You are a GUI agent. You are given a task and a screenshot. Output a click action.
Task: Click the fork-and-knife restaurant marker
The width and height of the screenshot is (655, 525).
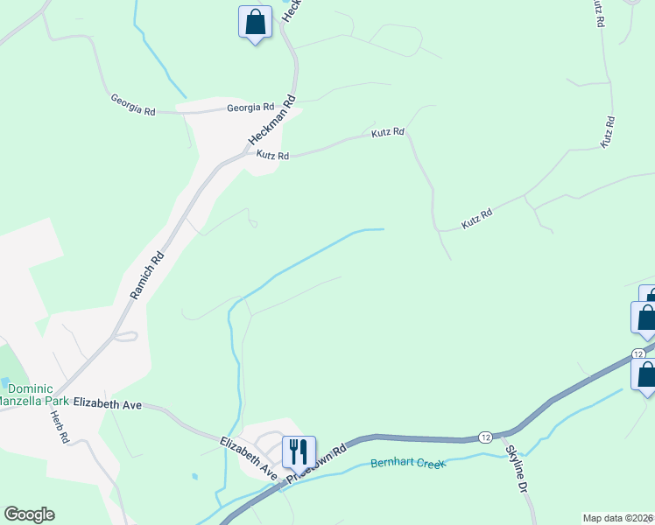click(x=299, y=452)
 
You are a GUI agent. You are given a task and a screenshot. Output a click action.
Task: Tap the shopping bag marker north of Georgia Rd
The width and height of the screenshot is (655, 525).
click(x=255, y=23)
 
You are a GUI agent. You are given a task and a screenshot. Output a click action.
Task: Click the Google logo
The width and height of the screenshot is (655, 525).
click(x=29, y=514)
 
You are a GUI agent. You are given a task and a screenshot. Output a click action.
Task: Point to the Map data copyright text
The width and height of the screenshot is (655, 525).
click(x=618, y=518)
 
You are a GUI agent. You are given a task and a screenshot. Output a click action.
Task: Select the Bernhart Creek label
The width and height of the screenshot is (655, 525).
click(x=408, y=462)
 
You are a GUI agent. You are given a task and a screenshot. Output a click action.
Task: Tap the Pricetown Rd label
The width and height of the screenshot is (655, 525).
click(x=320, y=461)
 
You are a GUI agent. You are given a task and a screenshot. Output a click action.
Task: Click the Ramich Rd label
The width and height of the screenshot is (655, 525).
click(x=147, y=276)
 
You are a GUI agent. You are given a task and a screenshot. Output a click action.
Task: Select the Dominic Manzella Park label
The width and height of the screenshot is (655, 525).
click(x=39, y=395)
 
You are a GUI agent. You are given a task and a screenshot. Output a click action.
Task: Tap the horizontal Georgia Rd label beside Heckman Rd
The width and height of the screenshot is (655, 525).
click(x=244, y=108)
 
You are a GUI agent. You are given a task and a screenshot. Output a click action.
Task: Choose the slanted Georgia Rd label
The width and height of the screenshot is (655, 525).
click(x=133, y=106)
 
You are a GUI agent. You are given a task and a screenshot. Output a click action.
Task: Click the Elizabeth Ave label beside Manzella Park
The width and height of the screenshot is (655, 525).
click(x=108, y=403)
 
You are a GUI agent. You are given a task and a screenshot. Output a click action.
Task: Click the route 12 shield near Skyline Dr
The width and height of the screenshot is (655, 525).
click(x=484, y=436)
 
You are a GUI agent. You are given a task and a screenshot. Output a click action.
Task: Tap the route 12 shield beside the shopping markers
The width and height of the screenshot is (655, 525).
click(x=638, y=353)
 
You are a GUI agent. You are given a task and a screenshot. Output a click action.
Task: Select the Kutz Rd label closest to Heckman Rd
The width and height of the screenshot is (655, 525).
click(x=272, y=155)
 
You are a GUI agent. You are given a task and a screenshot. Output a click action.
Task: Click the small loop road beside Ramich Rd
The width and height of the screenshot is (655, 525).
click(x=127, y=337)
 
